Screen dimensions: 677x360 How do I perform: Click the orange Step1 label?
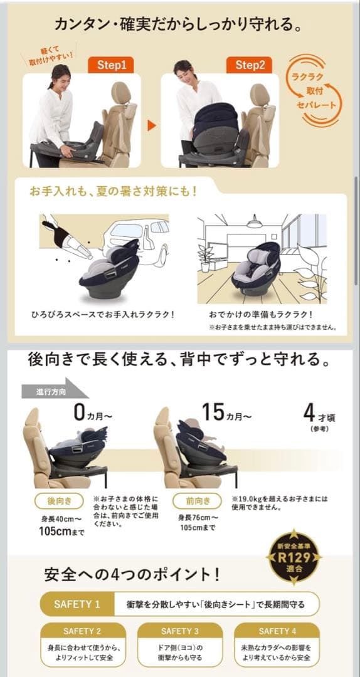112,65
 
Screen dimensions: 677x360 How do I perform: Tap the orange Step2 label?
250,65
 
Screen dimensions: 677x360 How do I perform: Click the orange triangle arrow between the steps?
151,125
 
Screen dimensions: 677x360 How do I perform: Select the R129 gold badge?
294,557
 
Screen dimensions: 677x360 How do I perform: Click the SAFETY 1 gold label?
77,604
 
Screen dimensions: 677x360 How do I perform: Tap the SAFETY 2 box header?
82,631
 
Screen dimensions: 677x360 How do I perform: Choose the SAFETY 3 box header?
179,631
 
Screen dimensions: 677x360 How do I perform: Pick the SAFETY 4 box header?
277,631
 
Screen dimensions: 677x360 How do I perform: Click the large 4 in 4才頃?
309,414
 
